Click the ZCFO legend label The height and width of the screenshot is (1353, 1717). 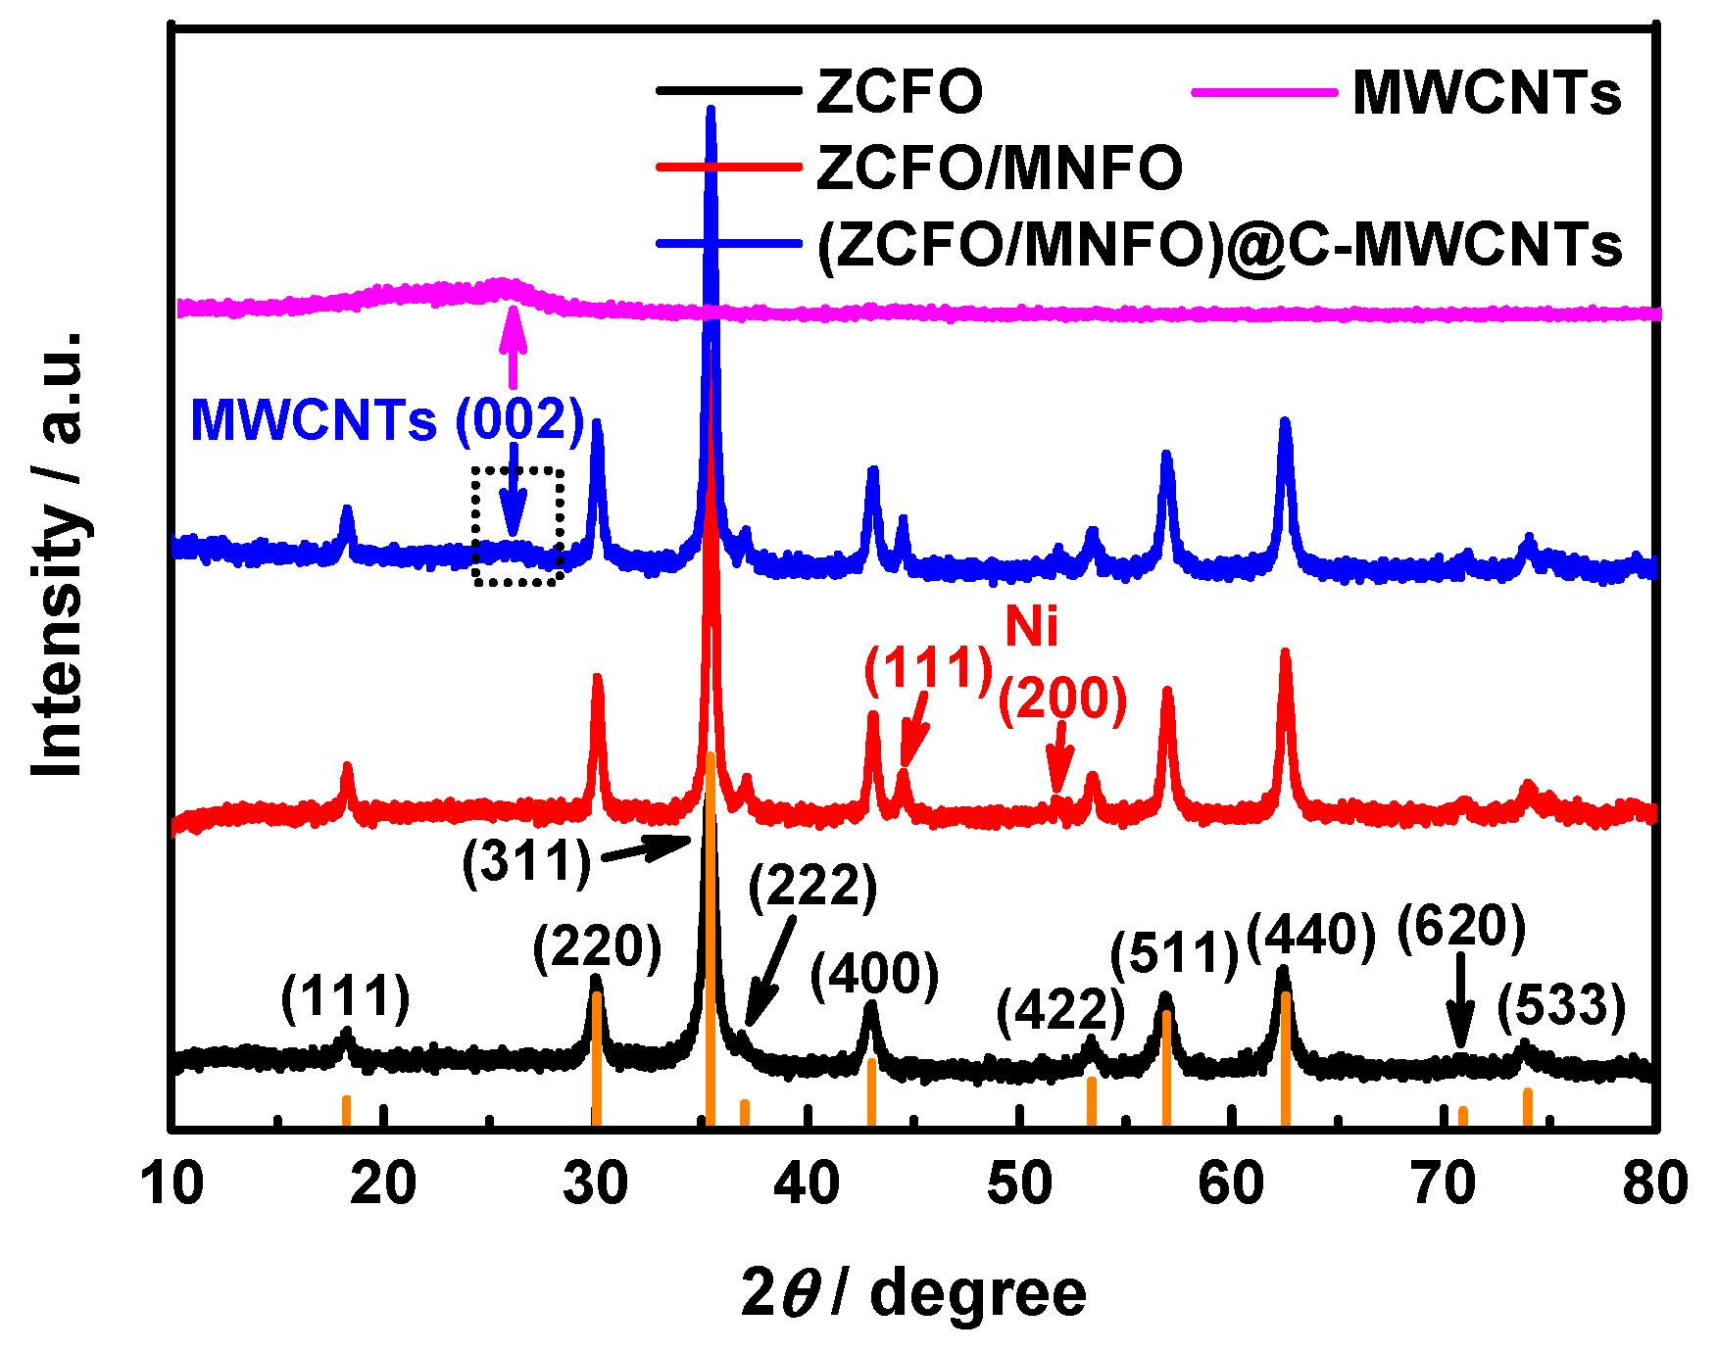pyautogui.click(x=899, y=92)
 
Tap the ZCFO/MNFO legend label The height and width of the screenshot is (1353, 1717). pyautogui.click(x=999, y=168)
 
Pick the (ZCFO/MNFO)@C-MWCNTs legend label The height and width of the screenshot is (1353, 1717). pyautogui.click(x=1219, y=244)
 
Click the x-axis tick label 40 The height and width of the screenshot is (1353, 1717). pyautogui.click(x=807, y=1183)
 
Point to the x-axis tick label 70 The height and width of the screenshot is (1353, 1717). pyautogui.click(x=1444, y=1183)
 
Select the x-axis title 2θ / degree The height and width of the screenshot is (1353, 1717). pyautogui.click(x=913, y=1293)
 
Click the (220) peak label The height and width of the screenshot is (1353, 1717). pyautogui.click(x=597, y=946)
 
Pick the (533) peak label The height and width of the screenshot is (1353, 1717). pyautogui.click(x=1561, y=1006)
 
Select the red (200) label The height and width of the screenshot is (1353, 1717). pyautogui.click(x=1062, y=698)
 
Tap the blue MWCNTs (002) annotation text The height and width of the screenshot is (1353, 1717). pyautogui.click(x=387, y=420)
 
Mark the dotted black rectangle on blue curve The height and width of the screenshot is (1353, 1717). pyautogui.click(x=517, y=526)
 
